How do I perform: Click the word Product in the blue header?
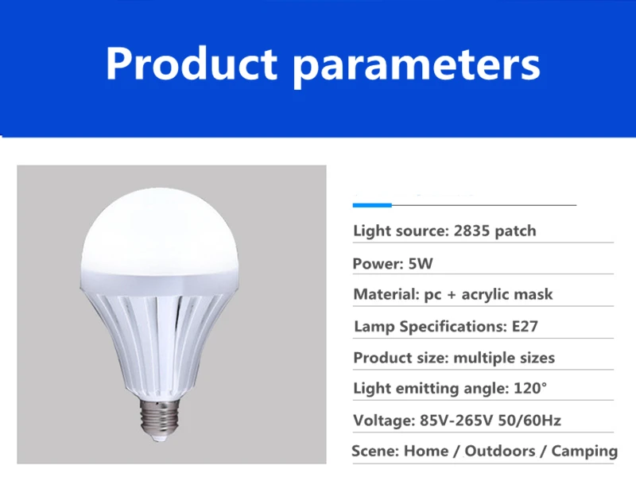coord(192,64)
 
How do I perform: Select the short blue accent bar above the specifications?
coord(372,205)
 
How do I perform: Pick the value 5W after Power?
coord(421,264)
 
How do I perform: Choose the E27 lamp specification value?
coord(525,326)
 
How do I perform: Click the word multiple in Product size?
coord(479,358)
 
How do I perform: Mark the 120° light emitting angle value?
coord(530,388)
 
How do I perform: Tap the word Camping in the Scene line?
coord(584,452)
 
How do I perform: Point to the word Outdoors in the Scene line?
coord(500,451)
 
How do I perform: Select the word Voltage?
coord(384,421)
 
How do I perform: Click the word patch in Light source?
coord(516,231)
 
